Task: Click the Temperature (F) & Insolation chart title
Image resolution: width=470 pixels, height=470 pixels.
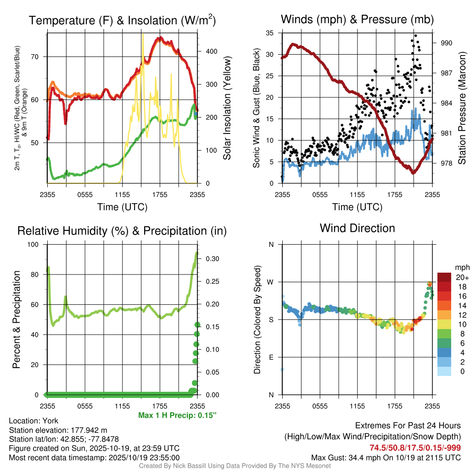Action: click(122, 21)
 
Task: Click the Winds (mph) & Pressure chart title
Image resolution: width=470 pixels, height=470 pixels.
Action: click(357, 19)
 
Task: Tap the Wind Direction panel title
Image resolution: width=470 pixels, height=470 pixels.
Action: click(357, 228)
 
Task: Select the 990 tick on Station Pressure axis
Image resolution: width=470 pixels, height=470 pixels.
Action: click(447, 43)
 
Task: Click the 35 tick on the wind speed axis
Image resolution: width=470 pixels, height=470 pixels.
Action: click(270, 33)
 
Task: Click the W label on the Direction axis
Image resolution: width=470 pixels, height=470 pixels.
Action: click(271, 282)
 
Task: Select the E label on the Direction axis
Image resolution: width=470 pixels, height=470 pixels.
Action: click(271, 357)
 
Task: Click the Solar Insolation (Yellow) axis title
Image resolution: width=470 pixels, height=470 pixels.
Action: click(227, 108)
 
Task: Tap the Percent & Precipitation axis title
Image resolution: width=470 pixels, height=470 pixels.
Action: click(16, 319)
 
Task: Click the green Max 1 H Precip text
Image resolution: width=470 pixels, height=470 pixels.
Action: click(177, 415)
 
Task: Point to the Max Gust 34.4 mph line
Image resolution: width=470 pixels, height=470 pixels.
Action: click(386, 457)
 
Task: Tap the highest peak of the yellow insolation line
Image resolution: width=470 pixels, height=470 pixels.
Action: click(143, 34)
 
